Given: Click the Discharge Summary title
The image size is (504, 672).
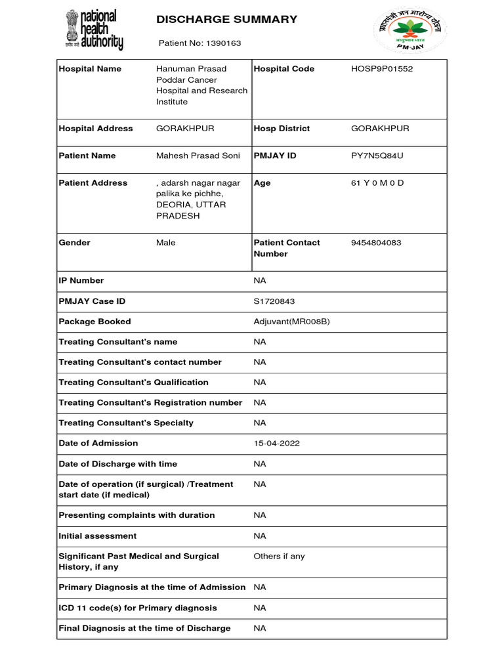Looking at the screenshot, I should [226, 20].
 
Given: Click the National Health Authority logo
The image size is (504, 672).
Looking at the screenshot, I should [94, 30].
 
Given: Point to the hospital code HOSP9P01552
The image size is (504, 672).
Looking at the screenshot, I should [382, 69].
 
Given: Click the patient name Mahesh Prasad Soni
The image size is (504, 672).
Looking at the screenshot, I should [197, 156].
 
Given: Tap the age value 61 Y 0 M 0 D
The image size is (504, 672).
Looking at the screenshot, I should [377, 183].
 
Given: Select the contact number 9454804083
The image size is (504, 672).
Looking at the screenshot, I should [376, 243].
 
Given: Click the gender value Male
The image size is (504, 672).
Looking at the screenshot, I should [166, 243].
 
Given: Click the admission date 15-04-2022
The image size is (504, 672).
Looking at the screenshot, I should [276, 444].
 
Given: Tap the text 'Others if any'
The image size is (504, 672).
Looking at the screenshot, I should [279, 556].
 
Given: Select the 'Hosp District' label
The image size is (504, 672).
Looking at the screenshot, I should [282, 129].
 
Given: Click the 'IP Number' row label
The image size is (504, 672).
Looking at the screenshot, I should [81, 281].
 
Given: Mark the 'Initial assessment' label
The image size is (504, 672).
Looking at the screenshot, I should [98, 536].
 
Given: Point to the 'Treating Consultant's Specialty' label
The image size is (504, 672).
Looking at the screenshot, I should [126, 423].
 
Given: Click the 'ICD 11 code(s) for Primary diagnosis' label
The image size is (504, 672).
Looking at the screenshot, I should [138, 608].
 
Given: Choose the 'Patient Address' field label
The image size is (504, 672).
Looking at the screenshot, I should [93, 183].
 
